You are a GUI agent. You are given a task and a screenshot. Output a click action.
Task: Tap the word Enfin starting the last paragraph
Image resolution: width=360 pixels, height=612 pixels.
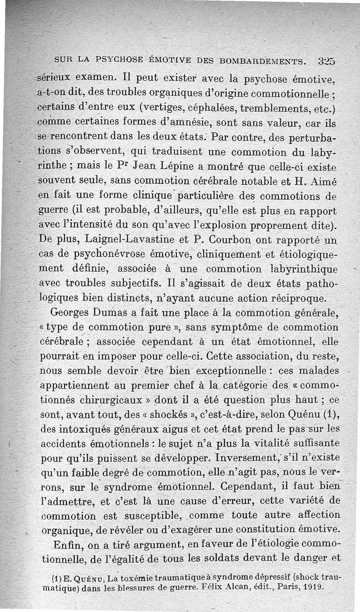[67, 545]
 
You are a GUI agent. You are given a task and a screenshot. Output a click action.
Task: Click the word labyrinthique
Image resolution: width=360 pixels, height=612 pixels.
[296, 269]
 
